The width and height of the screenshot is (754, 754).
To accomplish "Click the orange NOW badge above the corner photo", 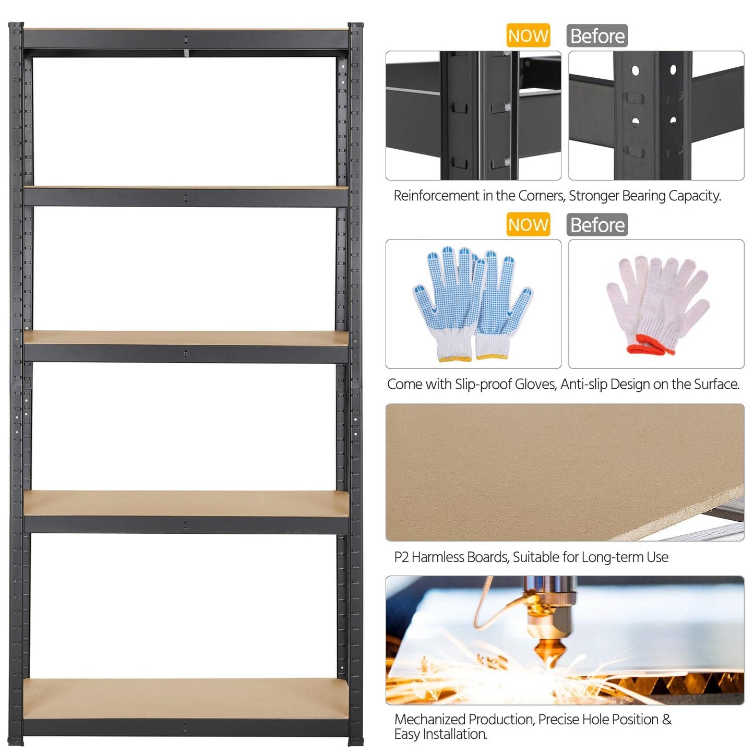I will coord(528,35).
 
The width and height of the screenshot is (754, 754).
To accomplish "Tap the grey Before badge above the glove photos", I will coord(597,225).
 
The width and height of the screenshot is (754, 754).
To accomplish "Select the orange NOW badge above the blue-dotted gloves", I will coord(528,225).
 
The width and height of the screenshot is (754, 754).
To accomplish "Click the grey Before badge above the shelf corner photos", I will coord(597,35).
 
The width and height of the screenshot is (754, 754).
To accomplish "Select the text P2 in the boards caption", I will coord(401,557).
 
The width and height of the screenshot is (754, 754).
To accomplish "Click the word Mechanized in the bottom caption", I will coord(430,720).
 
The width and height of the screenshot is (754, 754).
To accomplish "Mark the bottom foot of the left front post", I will coord(17,739).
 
